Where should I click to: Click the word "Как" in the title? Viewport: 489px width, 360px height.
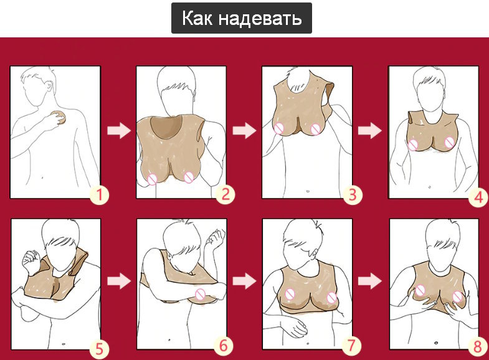click(x=197, y=18)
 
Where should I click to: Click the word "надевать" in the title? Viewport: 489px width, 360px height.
click(x=260, y=18)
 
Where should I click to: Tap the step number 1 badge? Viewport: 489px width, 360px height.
click(x=100, y=196)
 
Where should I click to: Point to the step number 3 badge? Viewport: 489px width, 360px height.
click(x=353, y=195)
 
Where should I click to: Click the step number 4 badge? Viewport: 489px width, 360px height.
click(x=478, y=197)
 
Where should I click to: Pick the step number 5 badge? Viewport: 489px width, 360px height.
click(x=99, y=348)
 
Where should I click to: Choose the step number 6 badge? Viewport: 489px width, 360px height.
click(x=224, y=346)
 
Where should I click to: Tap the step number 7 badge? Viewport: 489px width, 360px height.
click(x=351, y=346)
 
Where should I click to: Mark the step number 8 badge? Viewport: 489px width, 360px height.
click(x=478, y=347)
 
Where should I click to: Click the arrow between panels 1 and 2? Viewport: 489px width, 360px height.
click(x=119, y=131)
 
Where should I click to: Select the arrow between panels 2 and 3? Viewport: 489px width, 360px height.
click(x=244, y=131)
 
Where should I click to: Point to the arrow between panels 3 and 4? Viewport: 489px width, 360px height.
click(x=369, y=131)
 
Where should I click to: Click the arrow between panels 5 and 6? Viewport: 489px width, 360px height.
click(x=119, y=282)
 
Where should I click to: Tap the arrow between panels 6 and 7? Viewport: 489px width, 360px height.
click(x=244, y=281)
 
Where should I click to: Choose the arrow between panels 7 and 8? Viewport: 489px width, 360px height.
click(x=369, y=281)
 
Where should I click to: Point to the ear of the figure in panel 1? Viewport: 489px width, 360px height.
click(x=49, y=87)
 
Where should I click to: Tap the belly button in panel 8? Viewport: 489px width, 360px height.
click(x=435, y=343)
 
